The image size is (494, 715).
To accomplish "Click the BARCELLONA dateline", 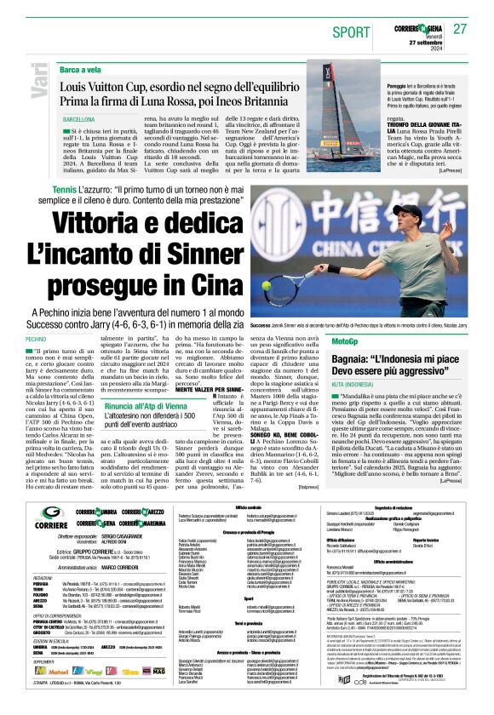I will click(78, 120).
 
